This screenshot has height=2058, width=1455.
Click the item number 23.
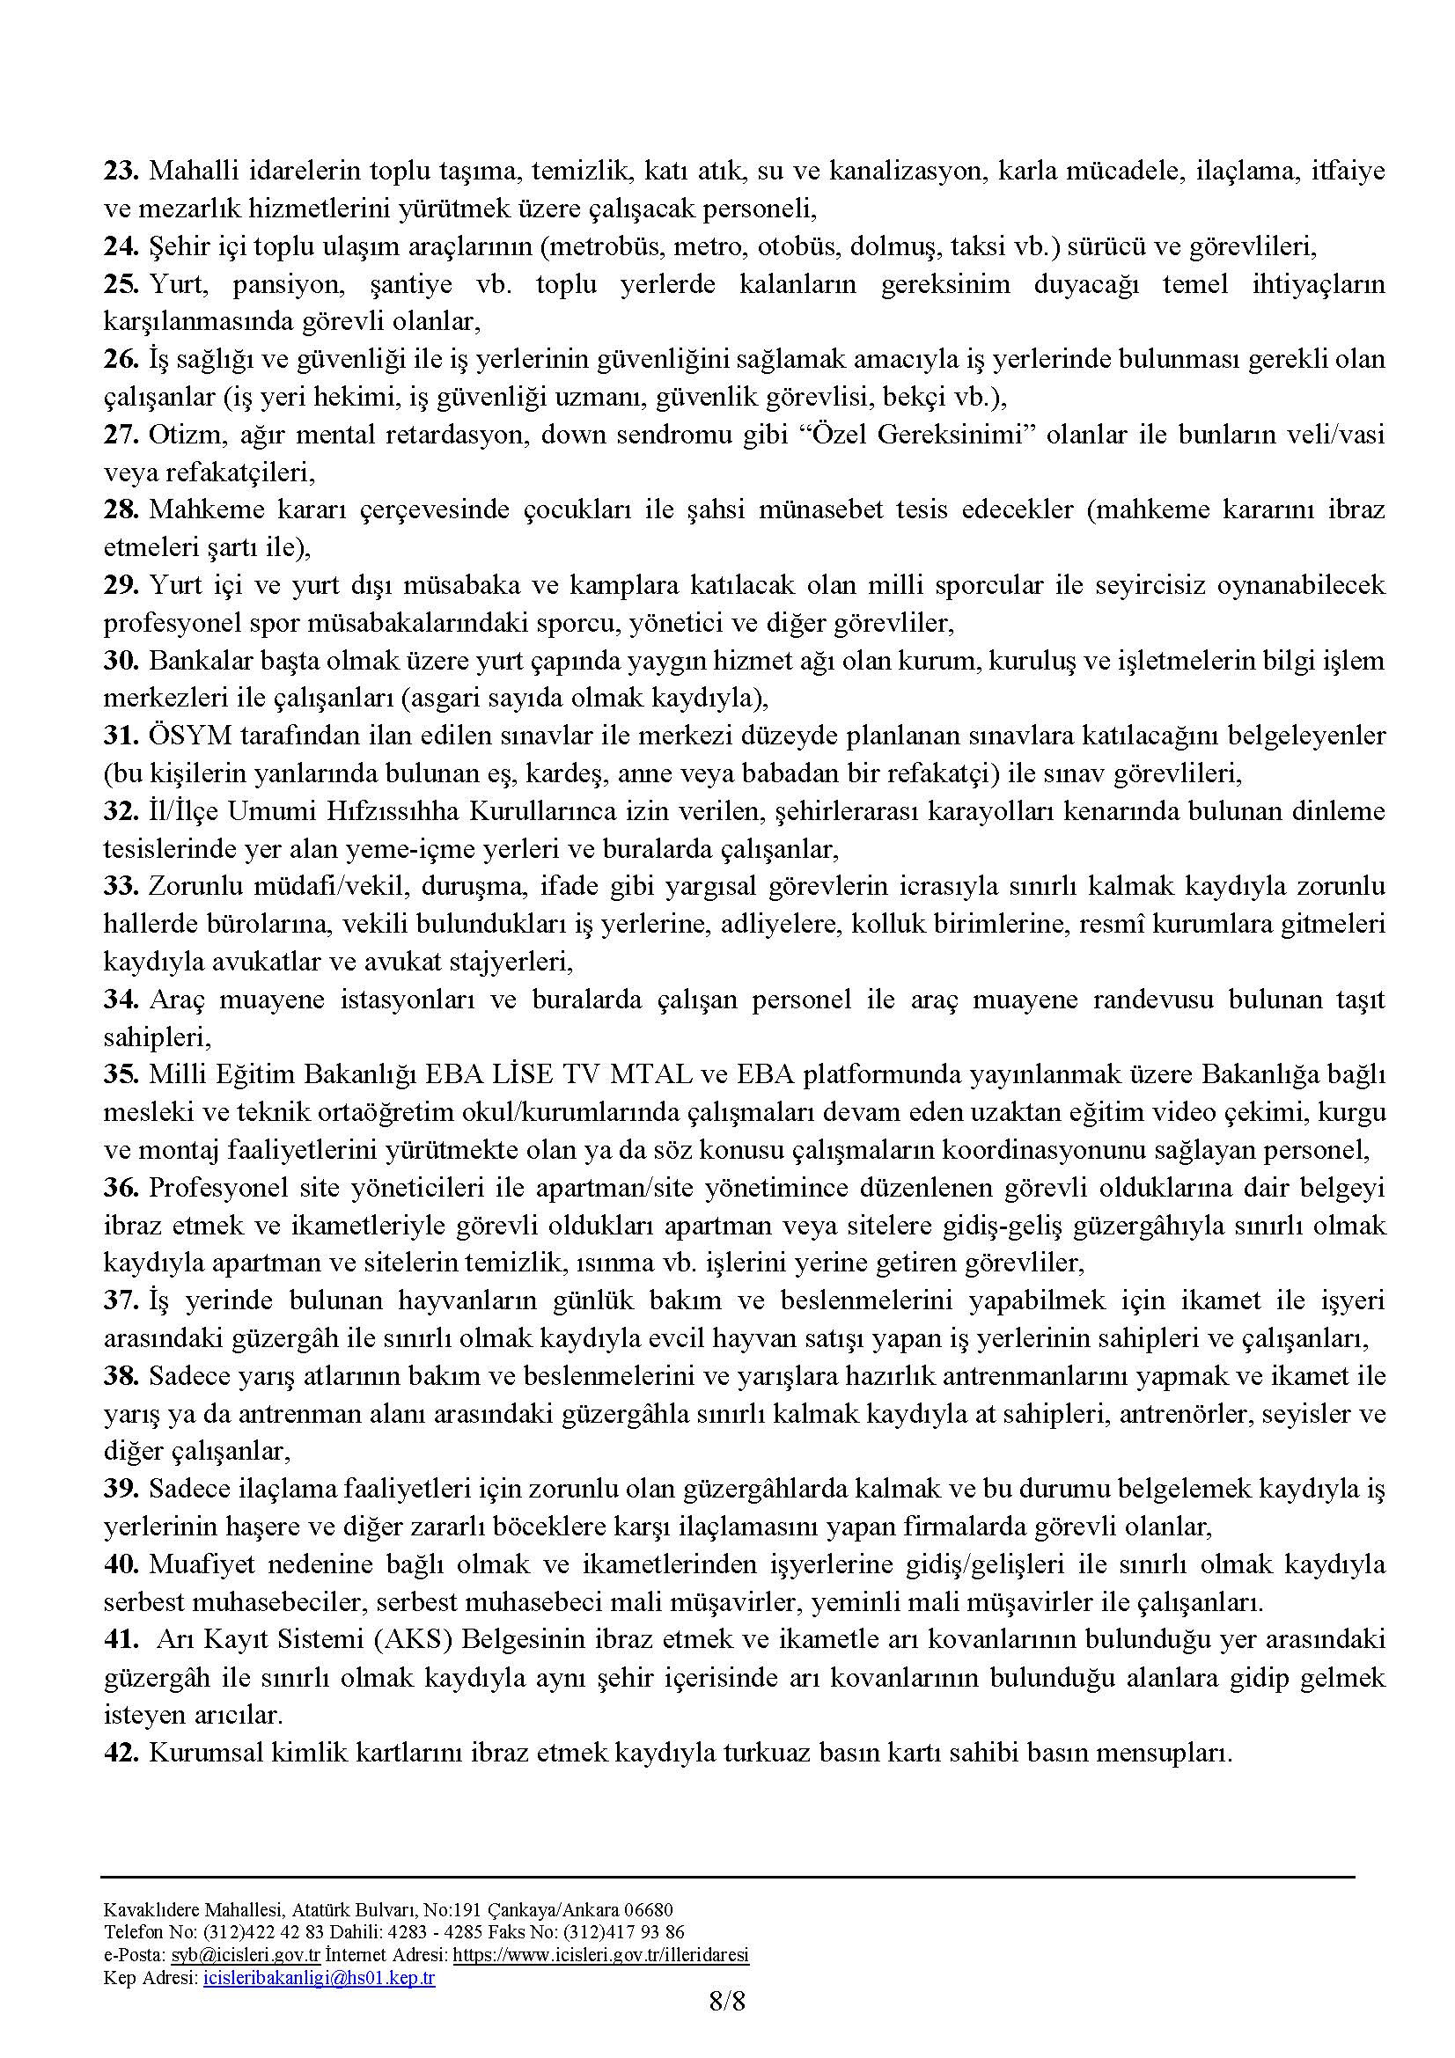[120, 172]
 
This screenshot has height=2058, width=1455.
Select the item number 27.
[120, 435]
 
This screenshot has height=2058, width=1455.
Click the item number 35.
[120, 1074]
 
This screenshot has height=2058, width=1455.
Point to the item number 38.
[120, 1376]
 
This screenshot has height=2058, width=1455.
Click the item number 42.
[120, 1753]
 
